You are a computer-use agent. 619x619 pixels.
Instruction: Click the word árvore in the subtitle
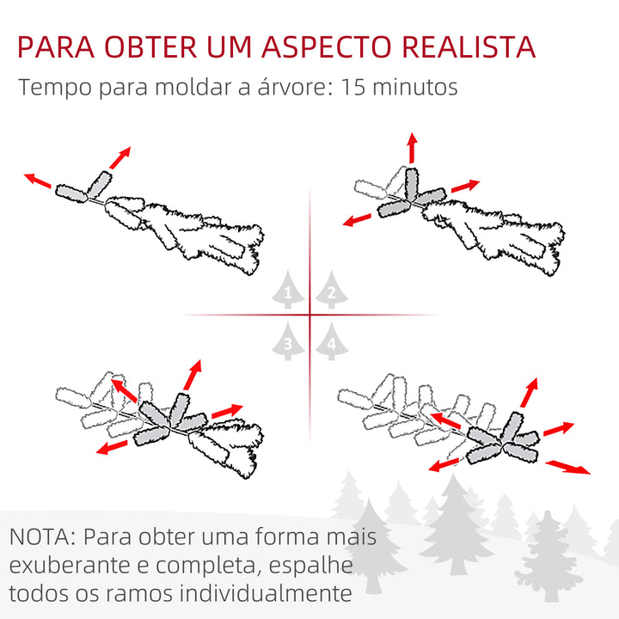pyautogui.click(x=276, y=88)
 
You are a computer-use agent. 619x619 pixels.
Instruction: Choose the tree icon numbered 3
pyautogui.click(x=288, y=342)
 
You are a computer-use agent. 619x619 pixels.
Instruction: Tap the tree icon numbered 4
pyautogui.click(x=330, y=342)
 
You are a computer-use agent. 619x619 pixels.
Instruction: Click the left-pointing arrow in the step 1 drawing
pyautogui.click(x=36, y=180)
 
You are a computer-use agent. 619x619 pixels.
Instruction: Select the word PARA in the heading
pyautogui.click(x=55, y=46)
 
